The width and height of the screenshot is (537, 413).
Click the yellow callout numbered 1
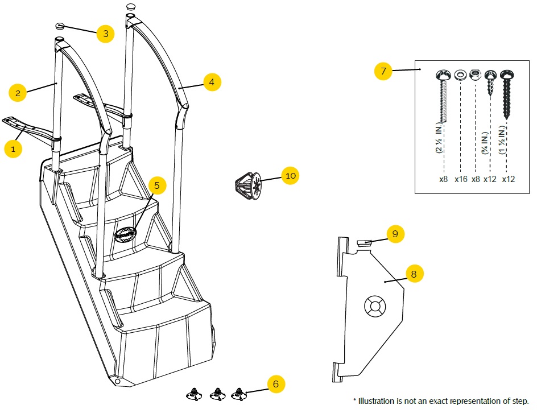pos(13,149)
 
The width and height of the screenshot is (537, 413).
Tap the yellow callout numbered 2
pos(18,93)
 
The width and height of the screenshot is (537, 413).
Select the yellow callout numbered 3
pos(105,34)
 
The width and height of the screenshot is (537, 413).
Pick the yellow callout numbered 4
pos(212,82)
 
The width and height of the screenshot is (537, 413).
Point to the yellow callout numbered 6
pos(276,384)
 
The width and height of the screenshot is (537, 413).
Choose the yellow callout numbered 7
pos(383,71)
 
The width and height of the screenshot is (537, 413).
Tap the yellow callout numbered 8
pos(414,274)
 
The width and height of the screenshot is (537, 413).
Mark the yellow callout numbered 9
pos(395,234)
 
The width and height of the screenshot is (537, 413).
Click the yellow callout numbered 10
pos(291,176)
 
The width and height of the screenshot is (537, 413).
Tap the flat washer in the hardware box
pos(460,75)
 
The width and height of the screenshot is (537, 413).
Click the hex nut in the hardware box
pos(476,75)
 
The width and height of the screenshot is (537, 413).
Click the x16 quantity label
pos(461,179)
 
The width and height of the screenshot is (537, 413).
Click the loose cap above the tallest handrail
pos(131,7)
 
